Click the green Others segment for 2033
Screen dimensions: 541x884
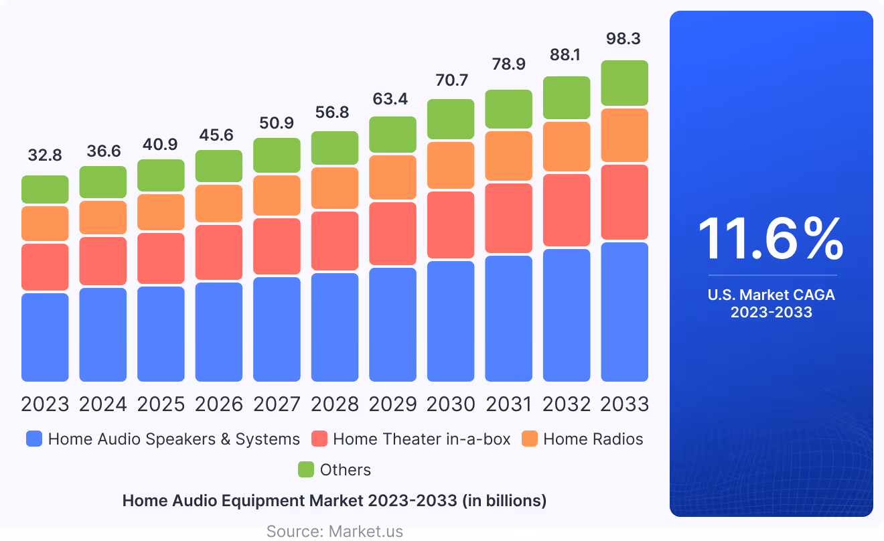(624, 83)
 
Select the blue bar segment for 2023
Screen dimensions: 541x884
(45, 337)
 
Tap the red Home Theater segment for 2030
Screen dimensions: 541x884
(451, 225)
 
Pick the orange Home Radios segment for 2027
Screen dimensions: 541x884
(277, 196)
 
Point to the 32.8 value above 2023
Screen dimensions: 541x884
(45, 155)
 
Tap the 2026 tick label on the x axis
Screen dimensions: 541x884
(219, 404)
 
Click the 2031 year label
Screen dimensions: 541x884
(508, 404)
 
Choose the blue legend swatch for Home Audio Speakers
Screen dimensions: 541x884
(34, 439)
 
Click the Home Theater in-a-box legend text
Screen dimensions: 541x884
(421, 439)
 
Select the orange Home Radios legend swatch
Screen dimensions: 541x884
(530, 439)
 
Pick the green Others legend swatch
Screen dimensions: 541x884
(306, 470)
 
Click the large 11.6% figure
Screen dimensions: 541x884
(771, 240)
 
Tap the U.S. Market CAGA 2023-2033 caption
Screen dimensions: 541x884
(771, 303)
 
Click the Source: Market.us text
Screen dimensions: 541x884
(335, 532)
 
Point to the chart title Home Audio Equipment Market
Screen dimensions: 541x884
(335, 501)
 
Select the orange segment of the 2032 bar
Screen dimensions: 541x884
(567, 147)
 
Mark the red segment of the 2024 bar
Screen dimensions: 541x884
(103, 260)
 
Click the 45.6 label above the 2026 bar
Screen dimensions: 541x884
(219, 135)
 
